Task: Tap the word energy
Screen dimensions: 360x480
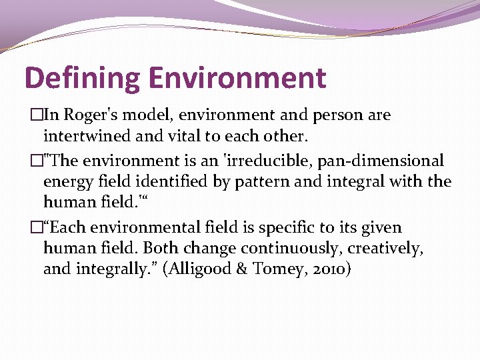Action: [x=67, y=182]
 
